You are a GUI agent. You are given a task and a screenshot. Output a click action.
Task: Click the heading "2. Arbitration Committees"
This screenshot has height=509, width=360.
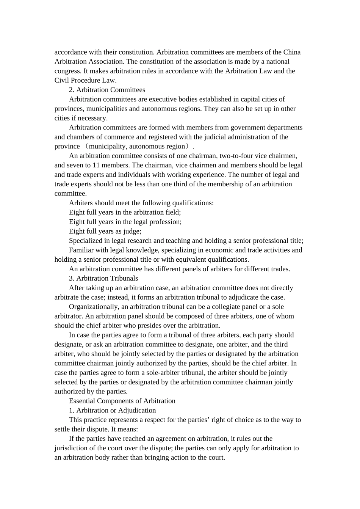pyautogui.click(x=107, y=90)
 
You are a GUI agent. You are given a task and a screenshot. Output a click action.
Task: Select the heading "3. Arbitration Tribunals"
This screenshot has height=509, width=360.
pyautogui.click(x=103, y=278)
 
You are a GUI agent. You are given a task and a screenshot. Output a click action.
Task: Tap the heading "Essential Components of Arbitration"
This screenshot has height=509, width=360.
pyautogui.click(x=122, y=401)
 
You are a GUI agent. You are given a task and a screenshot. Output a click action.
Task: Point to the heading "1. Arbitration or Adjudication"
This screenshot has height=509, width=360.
pyautogui.click(x=112, y=410)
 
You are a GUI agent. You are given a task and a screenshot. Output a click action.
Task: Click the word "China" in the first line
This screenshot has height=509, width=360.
pyautogui.click(x=292, y=52)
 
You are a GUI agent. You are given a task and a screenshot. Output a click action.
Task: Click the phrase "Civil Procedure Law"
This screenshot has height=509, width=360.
pyautogui.click(x=85, y=80)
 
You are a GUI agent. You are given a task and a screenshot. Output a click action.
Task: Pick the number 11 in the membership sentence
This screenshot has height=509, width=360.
pyautogui.click(x=96, y=165)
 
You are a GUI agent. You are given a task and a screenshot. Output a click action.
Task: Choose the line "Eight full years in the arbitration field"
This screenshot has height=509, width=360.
pyautogui.click(x=125, y=212)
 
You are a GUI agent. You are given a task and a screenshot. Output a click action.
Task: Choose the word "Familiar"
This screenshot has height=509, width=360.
pyautogui.click(x=81, y=250)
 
